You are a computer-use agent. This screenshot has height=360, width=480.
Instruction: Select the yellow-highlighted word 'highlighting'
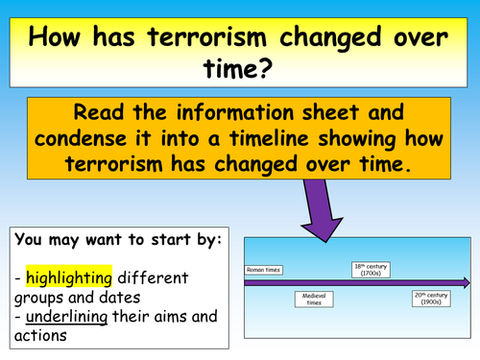pos(69,277)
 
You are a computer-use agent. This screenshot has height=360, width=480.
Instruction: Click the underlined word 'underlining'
pos(64,318)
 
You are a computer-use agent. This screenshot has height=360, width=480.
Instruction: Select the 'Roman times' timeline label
pos(262,271)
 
